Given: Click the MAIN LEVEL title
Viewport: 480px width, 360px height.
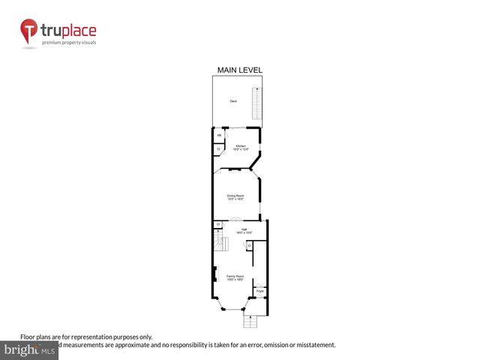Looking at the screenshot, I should click(239, 70).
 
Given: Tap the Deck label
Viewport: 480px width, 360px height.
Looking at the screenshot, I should click(233, 100).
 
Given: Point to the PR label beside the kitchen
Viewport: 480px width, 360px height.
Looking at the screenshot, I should click(219, 136).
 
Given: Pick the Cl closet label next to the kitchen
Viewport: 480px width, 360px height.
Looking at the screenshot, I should click(218, 149).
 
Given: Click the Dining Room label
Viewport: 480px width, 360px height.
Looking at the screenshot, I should click(235, 197).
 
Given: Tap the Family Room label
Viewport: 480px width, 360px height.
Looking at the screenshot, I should click(235, 277).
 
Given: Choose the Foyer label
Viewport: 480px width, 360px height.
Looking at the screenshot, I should click(259, 290).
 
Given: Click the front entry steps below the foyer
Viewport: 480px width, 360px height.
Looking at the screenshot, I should click(249, 321).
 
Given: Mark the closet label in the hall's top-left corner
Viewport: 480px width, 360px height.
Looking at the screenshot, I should click(217, 223).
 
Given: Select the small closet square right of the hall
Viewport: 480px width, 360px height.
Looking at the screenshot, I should click(249, 244).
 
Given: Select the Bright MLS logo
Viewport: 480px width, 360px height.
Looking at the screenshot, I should click(30, 349).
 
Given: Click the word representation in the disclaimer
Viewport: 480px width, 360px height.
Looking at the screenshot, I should click(96, 337).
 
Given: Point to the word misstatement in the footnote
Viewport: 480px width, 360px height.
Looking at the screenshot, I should click(315, 345).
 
